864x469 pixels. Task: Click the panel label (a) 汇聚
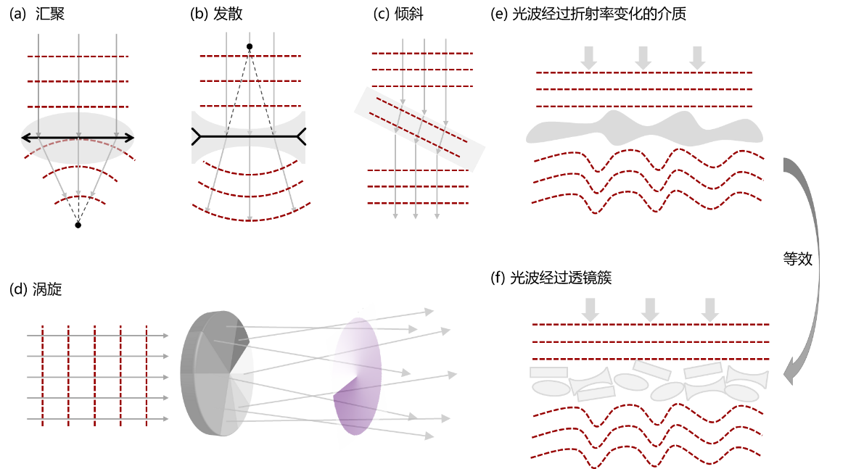click(x=37, y=14)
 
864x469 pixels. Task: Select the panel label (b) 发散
click(x=217, y=14)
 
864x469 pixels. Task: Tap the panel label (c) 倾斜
click(x=398, y=14)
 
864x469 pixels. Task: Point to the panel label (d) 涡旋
click(x=36, y=289)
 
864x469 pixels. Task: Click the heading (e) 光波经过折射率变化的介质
click(x=588, y=14)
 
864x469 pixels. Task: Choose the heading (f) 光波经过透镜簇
click(x=551, y=278)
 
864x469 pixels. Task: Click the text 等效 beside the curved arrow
click(x=798, y=259)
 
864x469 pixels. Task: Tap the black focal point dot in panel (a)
click(x=78, y=225)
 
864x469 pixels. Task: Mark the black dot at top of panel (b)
click(x=250, y=47)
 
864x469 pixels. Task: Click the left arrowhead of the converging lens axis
click(x=25, y=138)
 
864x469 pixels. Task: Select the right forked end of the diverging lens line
click(x=301, y=136)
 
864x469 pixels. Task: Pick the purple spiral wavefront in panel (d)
click(x=358, y=376)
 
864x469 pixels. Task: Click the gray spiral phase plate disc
click(x=217, y=374)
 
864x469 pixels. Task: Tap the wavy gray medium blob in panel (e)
click(x=644, y=130)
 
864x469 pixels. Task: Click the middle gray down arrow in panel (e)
click(x=643, y=58)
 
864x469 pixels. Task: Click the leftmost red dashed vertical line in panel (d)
click(x=42, y=376)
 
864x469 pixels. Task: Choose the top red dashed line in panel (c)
click(x=422, y=54)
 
